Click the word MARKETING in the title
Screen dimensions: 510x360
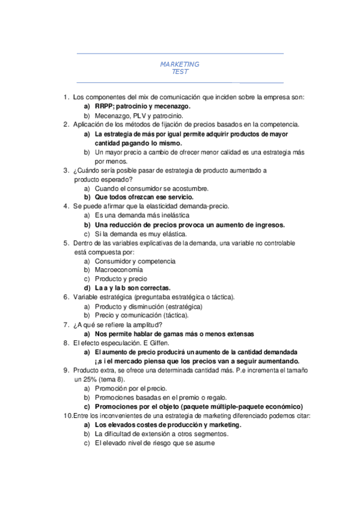(x=180, y=64)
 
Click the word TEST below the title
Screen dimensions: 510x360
(x=180, y=72)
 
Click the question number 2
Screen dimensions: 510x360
(x=66, y=124)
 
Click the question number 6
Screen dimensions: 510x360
(x=66, y=297)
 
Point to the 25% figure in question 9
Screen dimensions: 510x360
(x=82, y=379)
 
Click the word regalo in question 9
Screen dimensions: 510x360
(x=215, y=398)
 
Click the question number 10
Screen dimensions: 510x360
(x=67, y=416)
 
